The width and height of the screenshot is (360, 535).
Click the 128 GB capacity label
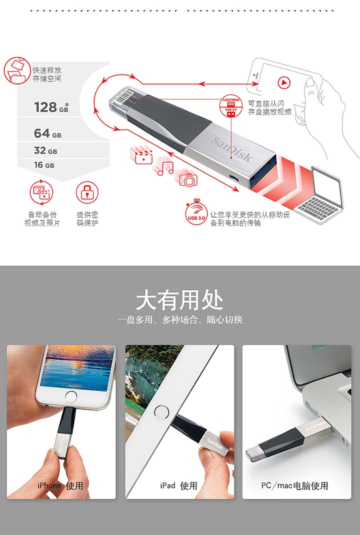click(x=51, y=107)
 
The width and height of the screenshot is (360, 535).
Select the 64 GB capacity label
click(x=47, y=133)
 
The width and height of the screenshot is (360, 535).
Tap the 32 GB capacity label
click(x=45, y=150)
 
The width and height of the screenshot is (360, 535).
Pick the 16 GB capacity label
click(x=44, y=165)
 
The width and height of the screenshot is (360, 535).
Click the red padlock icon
click(x=87, y=192)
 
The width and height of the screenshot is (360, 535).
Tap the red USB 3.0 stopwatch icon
click(x=196, y=213)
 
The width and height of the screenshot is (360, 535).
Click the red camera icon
click(x=188, y=179)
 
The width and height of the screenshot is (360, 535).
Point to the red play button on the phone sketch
click(x=284, y=82)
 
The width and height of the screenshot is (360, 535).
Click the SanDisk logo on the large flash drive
click(x=232, y=149)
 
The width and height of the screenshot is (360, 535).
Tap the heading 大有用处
click(x=179, y=300)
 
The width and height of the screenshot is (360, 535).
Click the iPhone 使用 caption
click(x=60, y=485)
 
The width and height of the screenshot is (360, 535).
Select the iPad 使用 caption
click(x=179, y=485)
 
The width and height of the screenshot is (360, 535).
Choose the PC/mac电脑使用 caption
click(x=295, y=485)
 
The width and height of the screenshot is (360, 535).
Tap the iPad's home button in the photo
click(x=161, y=412)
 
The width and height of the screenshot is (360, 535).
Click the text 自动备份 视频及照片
click(x=42, y=218)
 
